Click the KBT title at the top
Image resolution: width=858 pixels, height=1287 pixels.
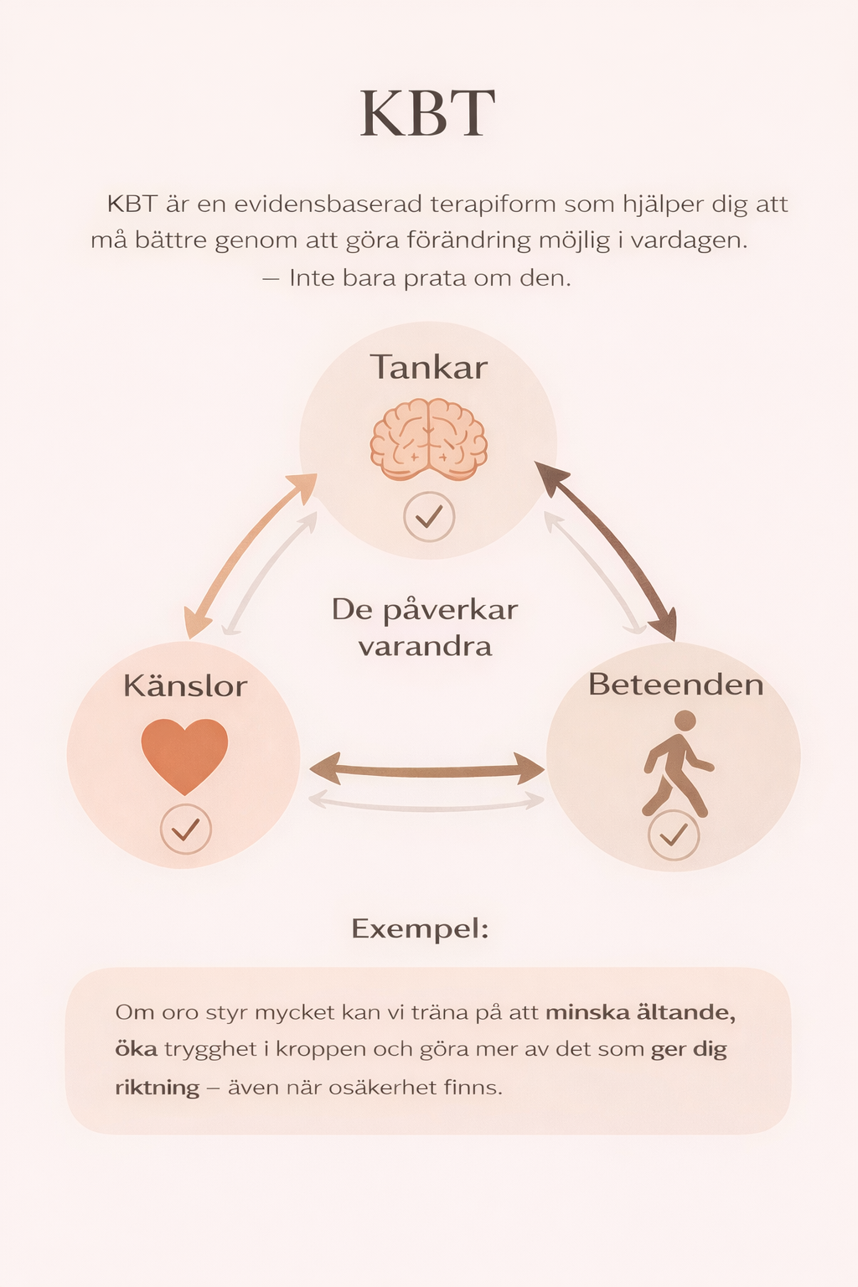point(427,114)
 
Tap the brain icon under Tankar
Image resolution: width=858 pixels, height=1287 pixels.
point(429,440)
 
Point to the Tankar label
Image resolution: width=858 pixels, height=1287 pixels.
point(429,368)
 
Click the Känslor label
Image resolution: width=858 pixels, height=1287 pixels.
point(185,686)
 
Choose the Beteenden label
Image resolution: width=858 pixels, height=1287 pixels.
point(675,685)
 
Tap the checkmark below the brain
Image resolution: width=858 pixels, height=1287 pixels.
point(429,517)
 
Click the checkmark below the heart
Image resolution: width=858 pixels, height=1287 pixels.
point(185,830)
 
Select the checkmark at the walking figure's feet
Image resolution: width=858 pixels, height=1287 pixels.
point(674,835)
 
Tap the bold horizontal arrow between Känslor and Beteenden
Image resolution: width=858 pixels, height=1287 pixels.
point(427,768)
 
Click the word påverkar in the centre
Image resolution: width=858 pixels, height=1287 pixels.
point(451,610)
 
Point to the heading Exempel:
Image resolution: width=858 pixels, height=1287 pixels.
point(420,928)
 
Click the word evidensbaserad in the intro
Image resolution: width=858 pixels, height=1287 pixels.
point(323,204)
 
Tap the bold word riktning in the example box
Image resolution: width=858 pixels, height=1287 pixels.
point(157,1088)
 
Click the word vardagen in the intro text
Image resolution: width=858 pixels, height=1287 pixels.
point(688,241)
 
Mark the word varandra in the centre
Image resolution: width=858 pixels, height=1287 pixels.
point(425,647)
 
